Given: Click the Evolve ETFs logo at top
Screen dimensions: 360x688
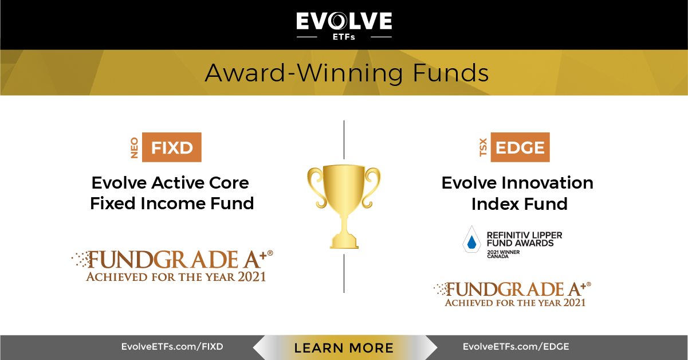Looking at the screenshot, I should click(344, 25).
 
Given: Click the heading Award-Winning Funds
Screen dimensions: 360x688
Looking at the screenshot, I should click(347, 73).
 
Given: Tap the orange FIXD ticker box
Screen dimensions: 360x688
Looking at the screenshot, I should click(171, 147).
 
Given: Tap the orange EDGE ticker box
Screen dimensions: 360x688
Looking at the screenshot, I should click(520, 147).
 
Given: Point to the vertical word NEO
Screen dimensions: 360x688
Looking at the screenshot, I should click(135, 148).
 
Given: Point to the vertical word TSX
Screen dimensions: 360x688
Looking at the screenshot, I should click(483, 148).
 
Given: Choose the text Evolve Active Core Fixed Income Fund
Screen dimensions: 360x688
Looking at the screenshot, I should click(172, 193).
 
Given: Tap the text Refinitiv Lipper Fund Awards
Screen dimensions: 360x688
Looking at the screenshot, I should click(524, 239).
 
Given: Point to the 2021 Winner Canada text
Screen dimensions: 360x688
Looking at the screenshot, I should click(504, 254).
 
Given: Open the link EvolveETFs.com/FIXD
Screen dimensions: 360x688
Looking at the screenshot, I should click(172, 347).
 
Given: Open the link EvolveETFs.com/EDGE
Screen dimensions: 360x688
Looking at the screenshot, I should click(516, 347).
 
